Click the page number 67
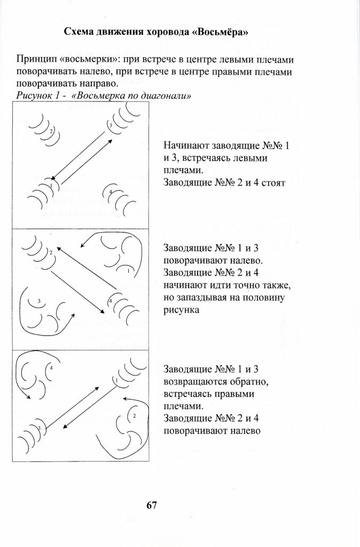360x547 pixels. pyautogui.click(x=151, y=505)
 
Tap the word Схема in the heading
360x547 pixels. pyautogui.click(x=78, y=32)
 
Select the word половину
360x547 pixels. pyautogui.click(x=273, y=298)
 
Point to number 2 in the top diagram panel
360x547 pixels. pyautogui.click(x=51, y=131)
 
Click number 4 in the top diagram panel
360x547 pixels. pyautogui.click(x=109, y=191)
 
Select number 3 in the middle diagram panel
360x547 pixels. pyautogui.click(x=39, y=301)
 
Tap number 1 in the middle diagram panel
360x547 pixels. pyautogui.click(x=128, y=271)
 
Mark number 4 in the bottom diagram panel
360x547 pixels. pyautogui.click(x=51, y=368)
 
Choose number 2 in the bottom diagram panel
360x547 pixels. pyautogui.click(x=134, y=415)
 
